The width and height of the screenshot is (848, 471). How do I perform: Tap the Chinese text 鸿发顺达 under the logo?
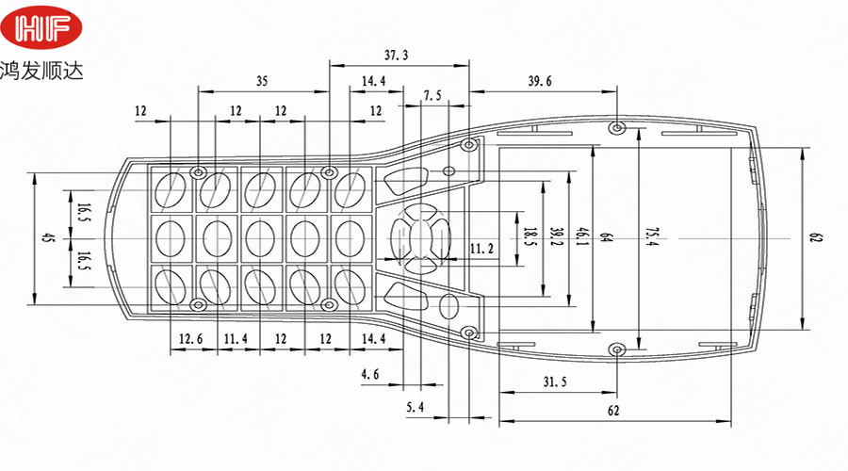pyautogui.click(x=42, y=72)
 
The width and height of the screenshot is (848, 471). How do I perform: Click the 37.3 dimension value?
pyautogui.click(x=397, y=56)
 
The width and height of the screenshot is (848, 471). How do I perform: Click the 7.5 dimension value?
pyautogui.click(x=432, y=96)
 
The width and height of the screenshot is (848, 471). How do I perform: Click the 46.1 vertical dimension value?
pyautogui.click(x=583, y=235)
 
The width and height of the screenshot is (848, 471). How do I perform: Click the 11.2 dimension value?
pyautogui.click(x=481, y=249)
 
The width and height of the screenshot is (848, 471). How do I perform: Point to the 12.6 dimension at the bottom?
pyautogui.click(x=191, y=338)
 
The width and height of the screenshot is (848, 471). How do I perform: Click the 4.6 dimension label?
pyautogui.click(x=370, y=375)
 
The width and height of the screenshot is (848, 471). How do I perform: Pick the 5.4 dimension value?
pyautogui.click(x=416, y=407)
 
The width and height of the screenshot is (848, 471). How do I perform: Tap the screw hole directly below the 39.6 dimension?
pyautogui.click(x=616, y=128)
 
